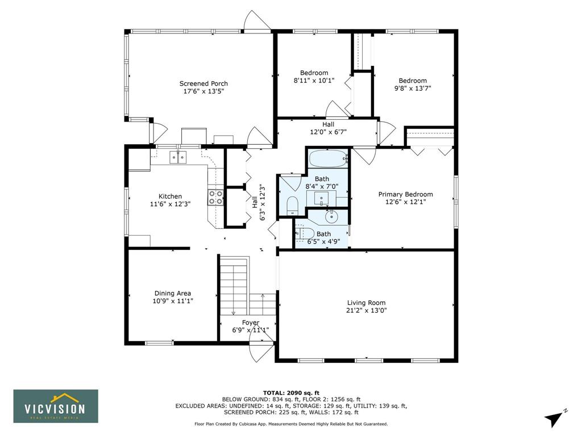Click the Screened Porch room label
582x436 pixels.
point(203,84)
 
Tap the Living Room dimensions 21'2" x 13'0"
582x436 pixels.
point(367,311)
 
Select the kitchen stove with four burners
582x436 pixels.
point(215,197)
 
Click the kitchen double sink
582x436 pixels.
point(178,157)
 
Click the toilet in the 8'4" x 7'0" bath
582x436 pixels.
point(293,206)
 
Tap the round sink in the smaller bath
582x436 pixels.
point(331,216)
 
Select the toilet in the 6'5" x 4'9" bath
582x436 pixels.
point(305,233)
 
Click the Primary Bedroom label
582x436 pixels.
point(405,194)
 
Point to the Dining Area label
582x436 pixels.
point(173,294)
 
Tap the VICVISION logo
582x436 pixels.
point(56,406)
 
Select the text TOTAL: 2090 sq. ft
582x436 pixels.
point(291,393)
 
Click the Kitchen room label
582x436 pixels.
point(170,196)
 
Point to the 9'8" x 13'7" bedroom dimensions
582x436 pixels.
point(413,89)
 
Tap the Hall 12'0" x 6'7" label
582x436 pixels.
point(328,128)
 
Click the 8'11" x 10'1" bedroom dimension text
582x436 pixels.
point(314,81)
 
